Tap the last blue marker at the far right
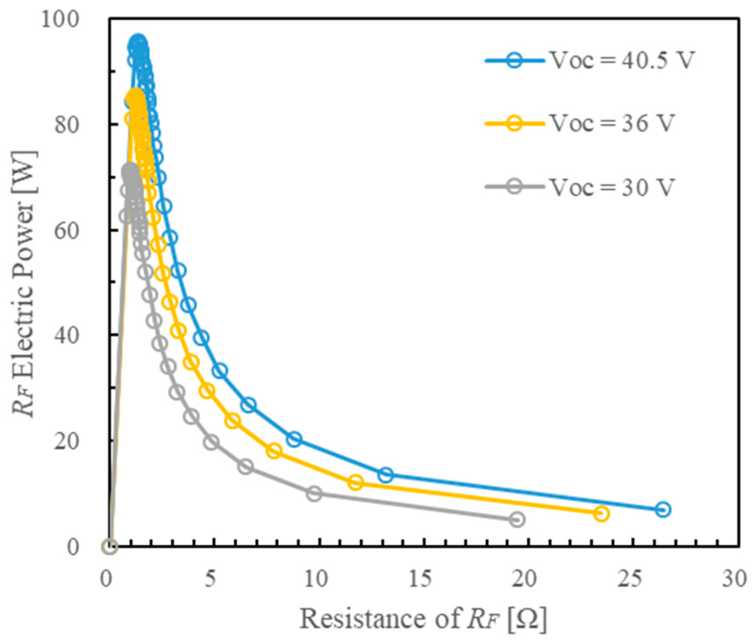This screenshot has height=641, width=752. [x=663, y=510]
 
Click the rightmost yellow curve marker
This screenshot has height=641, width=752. [x=601, y=514]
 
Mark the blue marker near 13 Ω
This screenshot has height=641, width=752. [x=386, y=475]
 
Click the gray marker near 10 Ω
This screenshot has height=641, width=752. [x=314, y=493]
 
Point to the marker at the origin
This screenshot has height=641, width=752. [x=109, y=547]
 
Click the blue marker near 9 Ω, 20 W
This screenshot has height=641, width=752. [x=294, y=439]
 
